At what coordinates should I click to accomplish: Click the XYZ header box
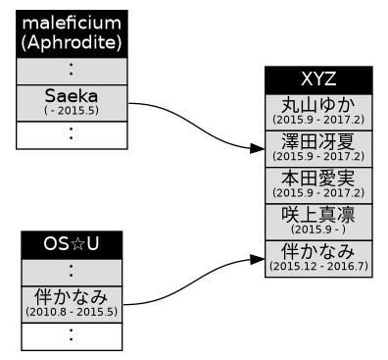[318, 80]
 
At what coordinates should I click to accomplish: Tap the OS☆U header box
[72, 244]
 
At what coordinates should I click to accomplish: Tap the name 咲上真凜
[318, 214]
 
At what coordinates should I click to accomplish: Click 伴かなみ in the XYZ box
[318, 250]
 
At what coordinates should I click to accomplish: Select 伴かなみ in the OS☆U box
[72, 295]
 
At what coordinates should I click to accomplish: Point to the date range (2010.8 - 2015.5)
[72, 311]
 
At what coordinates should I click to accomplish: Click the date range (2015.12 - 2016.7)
[318, 266]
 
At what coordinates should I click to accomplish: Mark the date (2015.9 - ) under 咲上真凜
[318, 229]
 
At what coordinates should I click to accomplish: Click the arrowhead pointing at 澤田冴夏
[257, 149]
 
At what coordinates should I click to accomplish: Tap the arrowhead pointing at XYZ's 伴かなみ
[257, 259]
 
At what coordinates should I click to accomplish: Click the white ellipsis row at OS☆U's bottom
[72, 335]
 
